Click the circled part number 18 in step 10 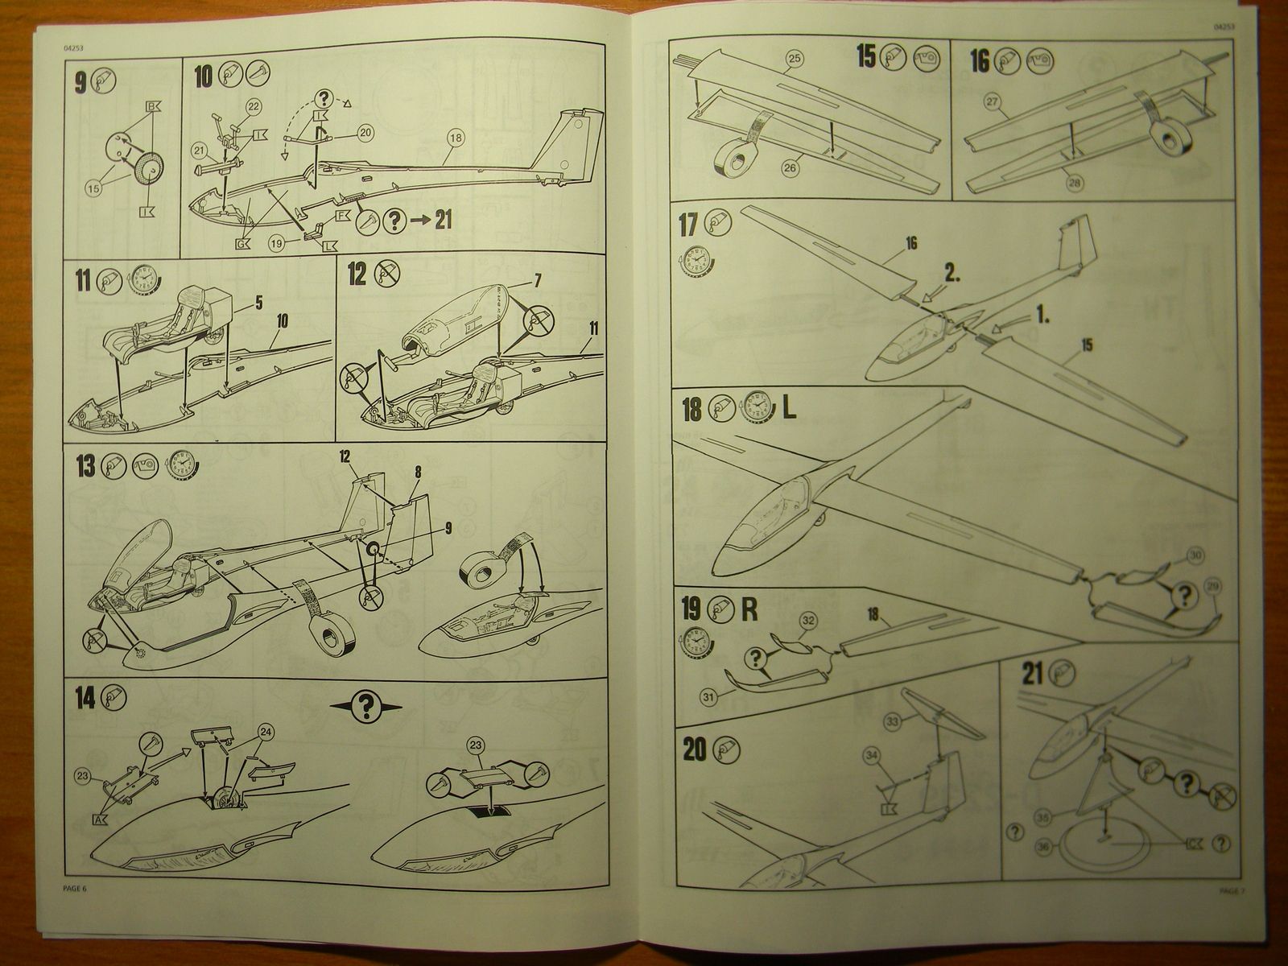pyautogui.click(x=456, y=138)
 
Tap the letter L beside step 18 pyautogui.click(x=788, y=408)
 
